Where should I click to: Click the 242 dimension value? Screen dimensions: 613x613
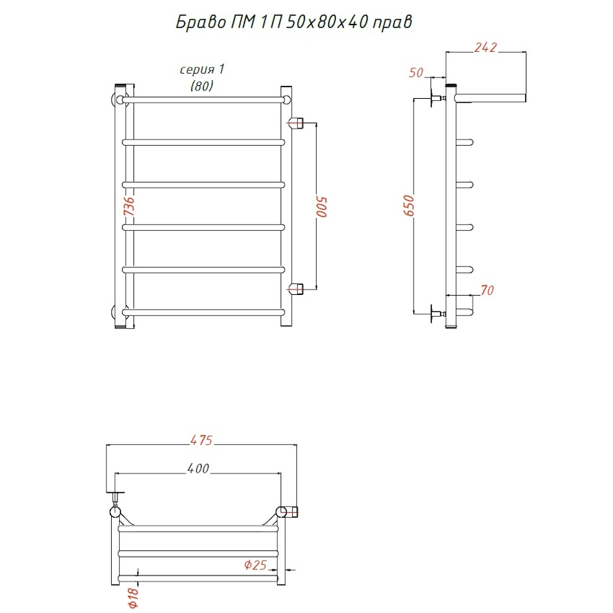click(x=486, y=47)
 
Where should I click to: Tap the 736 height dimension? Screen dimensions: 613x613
click(x=129, y=206)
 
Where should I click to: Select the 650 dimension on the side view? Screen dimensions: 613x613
click(x=409, y=206)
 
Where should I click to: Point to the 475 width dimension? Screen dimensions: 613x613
click(x=202, y=440)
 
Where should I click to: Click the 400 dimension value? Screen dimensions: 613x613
click(x=198, y=469)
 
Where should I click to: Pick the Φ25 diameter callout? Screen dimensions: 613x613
click(x=255, y=565)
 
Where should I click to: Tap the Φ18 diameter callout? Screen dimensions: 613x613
click(x=133, y=598)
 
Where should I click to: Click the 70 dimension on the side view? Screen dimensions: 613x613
click(x=487, y=290)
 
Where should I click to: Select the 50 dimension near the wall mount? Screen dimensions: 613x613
click(x=416, y=73)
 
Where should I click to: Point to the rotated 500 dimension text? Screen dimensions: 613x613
click(x=322, y=206)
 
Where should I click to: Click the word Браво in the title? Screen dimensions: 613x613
click(x=201, y=22)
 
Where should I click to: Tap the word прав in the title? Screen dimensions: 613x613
click(x=392, y=23)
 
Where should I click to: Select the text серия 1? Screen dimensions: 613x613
click(x=202, y=69)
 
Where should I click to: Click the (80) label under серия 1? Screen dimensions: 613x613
click(x=202, y=86)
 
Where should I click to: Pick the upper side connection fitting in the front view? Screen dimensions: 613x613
click(x=296, y=123)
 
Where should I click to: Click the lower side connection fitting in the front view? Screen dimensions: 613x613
click(x=296, y=288)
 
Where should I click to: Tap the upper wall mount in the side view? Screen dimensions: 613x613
click(x=437, y=97)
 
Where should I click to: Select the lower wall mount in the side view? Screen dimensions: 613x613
click(x=437, y=313)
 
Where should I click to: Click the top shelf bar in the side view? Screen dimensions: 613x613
click(x=490, y=97)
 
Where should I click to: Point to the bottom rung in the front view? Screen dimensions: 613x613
click(x=203, y=313)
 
